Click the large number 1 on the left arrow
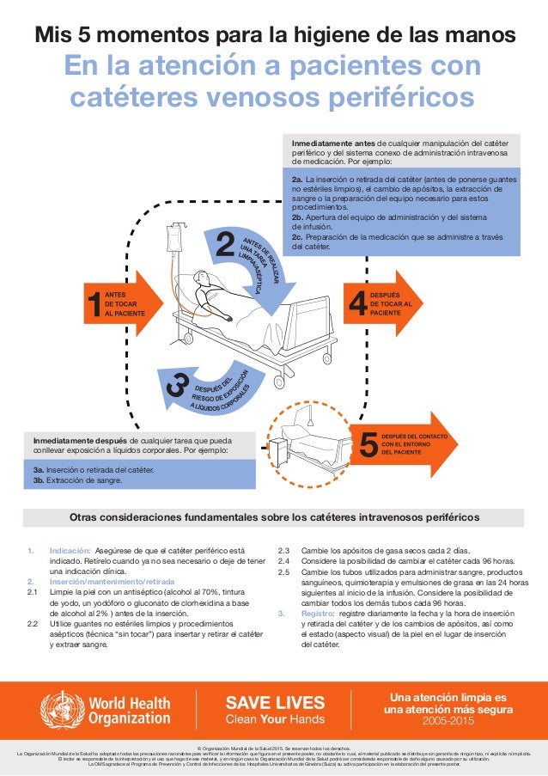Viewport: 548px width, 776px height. coord(93,307)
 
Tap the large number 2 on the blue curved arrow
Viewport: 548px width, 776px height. coord(225,244)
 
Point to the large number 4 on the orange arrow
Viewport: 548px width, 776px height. coord(359,303)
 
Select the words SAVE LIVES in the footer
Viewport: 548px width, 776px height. coord(274,701)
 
